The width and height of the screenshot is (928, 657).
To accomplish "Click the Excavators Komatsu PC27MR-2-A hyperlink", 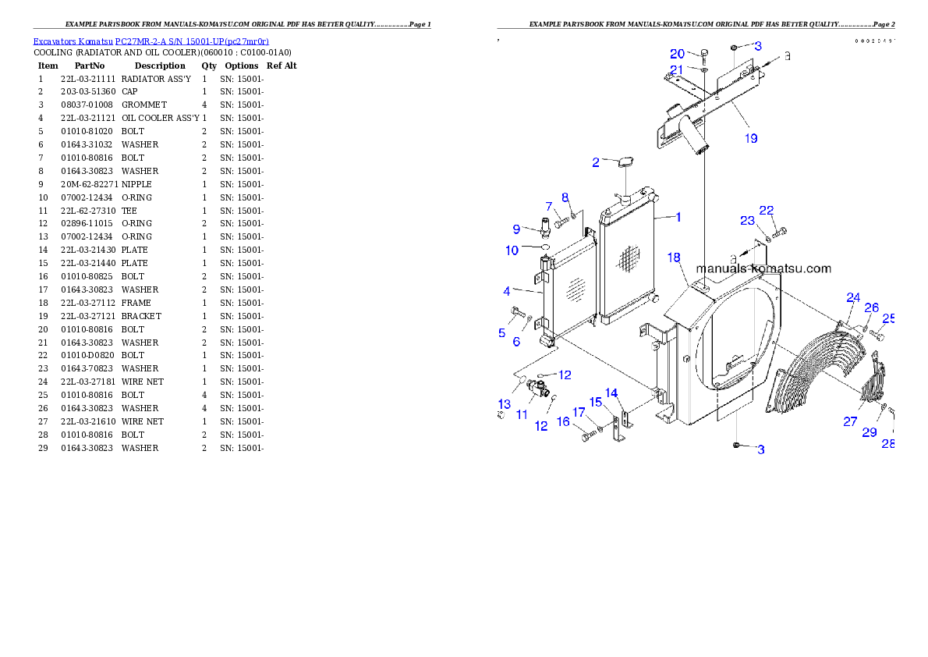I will (151, 41).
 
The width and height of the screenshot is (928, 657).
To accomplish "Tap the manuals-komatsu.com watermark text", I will (763, 268).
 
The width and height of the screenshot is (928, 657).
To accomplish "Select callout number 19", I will (750, 138).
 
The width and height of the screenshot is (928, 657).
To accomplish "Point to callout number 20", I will (677, 54).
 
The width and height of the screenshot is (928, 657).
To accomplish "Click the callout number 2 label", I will (596, 162).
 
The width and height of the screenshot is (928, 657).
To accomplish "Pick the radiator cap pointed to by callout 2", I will (625, 162).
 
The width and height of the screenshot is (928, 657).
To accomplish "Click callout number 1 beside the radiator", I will (678, 217).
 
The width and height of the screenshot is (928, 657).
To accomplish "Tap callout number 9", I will (516, 229).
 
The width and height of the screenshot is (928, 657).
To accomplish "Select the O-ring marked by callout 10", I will (545, 248).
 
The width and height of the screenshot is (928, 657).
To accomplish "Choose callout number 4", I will (507, 291).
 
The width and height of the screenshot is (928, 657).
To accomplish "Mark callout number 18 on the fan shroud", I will (674, 257).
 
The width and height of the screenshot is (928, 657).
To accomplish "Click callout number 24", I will (853, 297).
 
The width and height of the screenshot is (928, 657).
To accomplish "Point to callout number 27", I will (850, 421).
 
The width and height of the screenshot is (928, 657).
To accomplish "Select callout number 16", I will (563, 421).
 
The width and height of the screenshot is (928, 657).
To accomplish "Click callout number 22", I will (767, 211).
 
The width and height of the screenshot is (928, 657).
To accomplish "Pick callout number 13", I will (505, 403).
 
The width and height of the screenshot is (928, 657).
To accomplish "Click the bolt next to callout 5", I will (515, 314).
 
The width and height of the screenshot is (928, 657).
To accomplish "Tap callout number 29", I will (870, 431).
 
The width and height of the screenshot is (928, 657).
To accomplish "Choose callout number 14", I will (611, 392).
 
